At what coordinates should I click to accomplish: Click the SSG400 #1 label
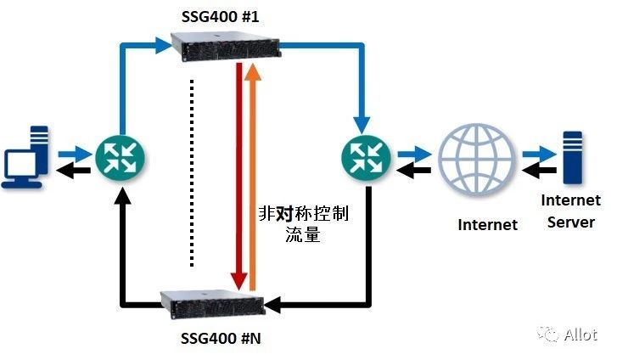(221, 16)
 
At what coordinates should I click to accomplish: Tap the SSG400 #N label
(221, 338)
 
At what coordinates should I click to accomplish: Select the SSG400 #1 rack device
(226, 48)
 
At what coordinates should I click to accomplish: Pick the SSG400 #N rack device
(213, 305)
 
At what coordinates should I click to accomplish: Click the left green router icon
(120, 158)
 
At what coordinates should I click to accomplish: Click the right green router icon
(366, 158)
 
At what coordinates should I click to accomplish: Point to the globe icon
(477, 160)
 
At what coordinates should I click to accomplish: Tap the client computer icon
(26, 158)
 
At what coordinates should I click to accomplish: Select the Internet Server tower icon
(573, 158)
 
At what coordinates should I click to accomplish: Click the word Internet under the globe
(487, 224)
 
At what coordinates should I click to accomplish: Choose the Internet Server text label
(570, 211)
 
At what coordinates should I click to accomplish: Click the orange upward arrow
(253, 177)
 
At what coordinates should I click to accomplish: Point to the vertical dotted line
(192, 173)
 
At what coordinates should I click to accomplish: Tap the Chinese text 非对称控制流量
(303, 223)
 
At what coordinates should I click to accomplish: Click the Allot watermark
(568, 335)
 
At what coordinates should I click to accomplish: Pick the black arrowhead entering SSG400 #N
(272, 305)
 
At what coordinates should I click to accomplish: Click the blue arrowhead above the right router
(362, 126)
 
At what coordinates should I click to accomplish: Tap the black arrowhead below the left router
(124, 196)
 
